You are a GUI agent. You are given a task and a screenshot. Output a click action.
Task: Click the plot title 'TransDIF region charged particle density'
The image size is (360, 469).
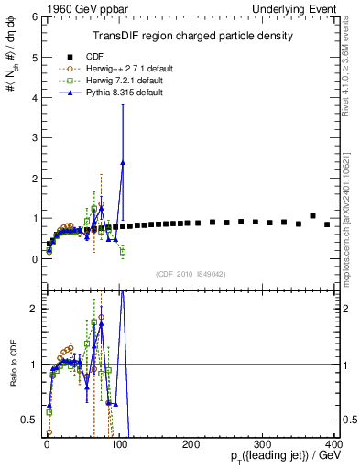(x=191, y=36)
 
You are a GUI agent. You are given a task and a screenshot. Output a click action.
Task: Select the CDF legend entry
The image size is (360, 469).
(x=93, y=54)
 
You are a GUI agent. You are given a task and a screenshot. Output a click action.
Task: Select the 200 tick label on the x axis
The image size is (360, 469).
(x=191, y=444)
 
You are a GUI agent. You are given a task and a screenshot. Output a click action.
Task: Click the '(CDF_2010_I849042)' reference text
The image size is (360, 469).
(x=191, y=273)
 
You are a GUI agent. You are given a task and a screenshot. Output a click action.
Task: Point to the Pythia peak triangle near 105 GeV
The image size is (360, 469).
(x=123, y=162)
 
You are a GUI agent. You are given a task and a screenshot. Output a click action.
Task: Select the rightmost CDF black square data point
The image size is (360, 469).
(x=327, y=224)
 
